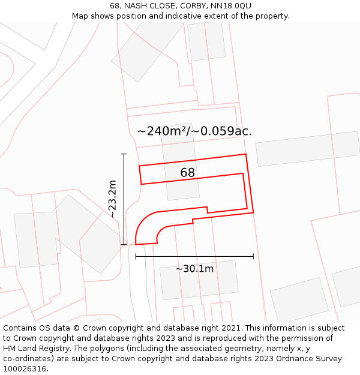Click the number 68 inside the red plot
(x=187, y=173)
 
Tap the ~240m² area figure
(x=163, y=131)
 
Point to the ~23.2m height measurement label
(x=112, y=199)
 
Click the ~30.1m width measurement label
(x=194, y=269)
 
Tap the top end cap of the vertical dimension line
(x=124, y=154)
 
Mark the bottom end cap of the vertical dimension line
(x=124, y=244)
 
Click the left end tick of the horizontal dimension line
(x=136, y=256)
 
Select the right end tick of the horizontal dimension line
(x=253, y=256)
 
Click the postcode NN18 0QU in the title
(x=231, y=6)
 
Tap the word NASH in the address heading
(x=136, y=6)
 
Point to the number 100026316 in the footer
(x=25, y=369)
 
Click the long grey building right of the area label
(x=307, y=148)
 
